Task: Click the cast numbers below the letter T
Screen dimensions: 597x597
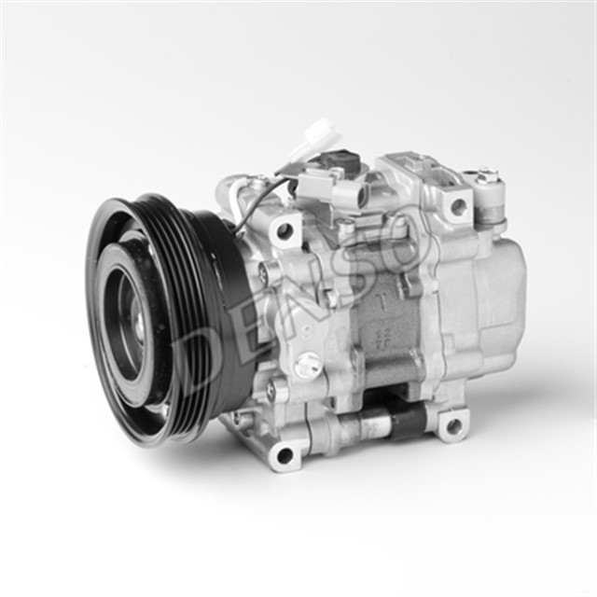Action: pos(382,335)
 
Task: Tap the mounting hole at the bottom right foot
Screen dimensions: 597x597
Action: pos(453,426)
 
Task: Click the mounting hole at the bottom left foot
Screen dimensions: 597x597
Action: pos(285,455)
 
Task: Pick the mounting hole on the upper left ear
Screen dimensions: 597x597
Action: pos(284,229)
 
